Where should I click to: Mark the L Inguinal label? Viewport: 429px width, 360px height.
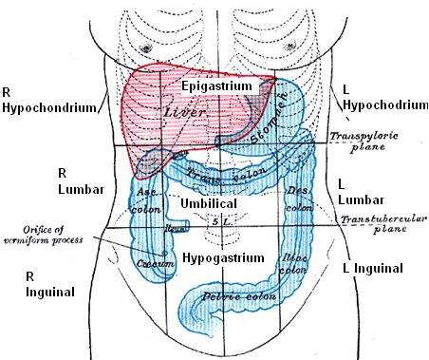pyautogui.click(x=375, y=267)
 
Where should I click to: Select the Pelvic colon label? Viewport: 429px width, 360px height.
pyautogui.click(x=229, y=302)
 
